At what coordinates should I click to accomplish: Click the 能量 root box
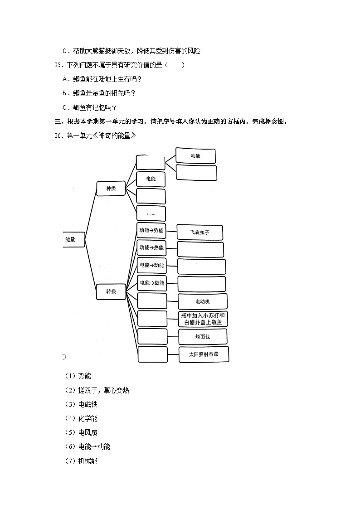point(73,238)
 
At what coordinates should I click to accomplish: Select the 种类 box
point(111,189)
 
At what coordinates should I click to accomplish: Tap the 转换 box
point(111,291)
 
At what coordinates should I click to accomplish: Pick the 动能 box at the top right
point(195,155)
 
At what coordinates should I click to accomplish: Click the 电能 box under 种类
point(151,179)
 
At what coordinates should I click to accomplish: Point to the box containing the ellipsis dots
point(151,213)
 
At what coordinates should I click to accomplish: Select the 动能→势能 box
point(151,230)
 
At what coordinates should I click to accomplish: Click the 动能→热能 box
point(151,247)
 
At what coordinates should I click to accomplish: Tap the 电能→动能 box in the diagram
point(151,265)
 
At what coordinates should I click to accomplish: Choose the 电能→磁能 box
point(151,283)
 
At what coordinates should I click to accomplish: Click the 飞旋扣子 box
point(200,233)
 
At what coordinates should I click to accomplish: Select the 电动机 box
point(202,301)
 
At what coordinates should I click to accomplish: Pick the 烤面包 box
point(202,337)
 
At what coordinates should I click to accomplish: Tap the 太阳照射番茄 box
point(203,354)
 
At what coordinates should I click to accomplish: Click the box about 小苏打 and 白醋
point(202,319)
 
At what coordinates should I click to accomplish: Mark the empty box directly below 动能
point(196,173)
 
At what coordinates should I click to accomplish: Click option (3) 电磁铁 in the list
point(81,404)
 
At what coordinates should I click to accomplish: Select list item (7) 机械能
point(81,461)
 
